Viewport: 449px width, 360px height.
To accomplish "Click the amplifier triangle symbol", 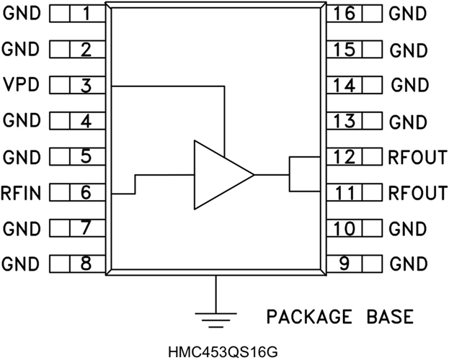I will click(x=220, y=175).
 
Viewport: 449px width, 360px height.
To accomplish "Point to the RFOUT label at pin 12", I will click(x=417, y=157).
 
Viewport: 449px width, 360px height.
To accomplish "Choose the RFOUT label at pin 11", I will click(x=417, y=192).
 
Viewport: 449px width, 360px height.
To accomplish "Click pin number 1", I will click(x=86, y=14).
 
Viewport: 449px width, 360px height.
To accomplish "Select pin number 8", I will click(x=86, y=263).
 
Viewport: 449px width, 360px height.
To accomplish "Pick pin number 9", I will click(x=345, y=263).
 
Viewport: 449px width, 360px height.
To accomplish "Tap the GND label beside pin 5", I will click(x=19, y=156).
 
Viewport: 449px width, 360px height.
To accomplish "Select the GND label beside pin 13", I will click(x=408, y=122).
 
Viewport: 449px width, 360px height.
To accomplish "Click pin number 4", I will click(x=86, y=121).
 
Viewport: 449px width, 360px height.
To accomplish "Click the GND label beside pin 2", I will click(x=19, y=50).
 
